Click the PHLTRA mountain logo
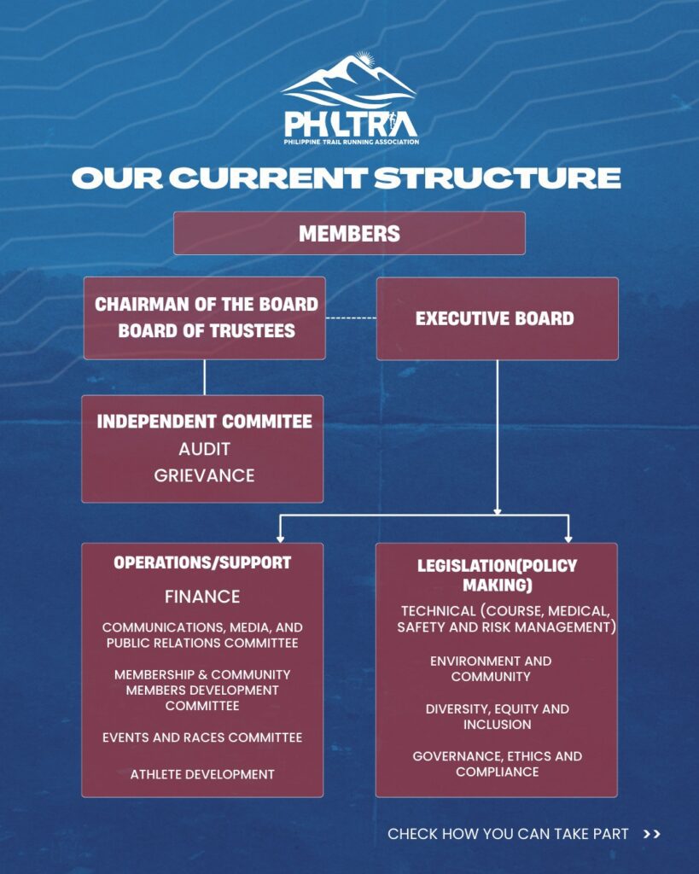[349, 98]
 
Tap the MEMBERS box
[349, 233]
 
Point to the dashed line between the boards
[351, 318]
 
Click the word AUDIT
[204, 449]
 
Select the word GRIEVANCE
[204, 475]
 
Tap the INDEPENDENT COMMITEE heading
[204, 422]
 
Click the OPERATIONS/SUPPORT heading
[202, 563]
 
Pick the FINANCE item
[202, 597]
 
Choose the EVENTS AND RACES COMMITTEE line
[202, 737]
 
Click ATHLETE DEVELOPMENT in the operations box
[202, 774]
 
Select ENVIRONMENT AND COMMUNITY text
[491, 669]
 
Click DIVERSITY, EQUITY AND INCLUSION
[497, 717]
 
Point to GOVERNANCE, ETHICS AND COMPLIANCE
[497, 764]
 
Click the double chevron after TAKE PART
[652, 834]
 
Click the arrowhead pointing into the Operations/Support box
[280, 538]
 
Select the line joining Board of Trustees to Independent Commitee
[204, 377]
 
